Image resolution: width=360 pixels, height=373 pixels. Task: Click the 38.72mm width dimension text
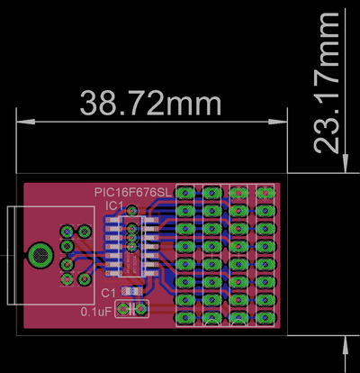pyautogui.click(x=150, y=104)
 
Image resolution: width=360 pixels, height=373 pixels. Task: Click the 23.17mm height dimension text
pyautogui.click(x=326, y=83)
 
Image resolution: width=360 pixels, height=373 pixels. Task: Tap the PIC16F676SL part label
pyautogui.click(x=134, y=192)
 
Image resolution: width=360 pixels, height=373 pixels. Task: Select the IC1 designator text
pyautogui.click(x=114, y=206)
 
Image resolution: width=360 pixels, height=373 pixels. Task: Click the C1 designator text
pyautogui.click(x=108, y=293)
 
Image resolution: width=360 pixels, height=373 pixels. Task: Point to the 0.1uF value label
pyautogui.click(x=96, y=312)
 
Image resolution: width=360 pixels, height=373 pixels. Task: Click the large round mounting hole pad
pyautogui.click(x=40, y=256)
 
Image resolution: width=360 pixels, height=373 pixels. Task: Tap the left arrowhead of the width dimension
pyautogui.click(x=25, y=122)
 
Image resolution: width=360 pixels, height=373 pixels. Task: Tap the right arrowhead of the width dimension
pyautogui.click(x=278, y=122)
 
